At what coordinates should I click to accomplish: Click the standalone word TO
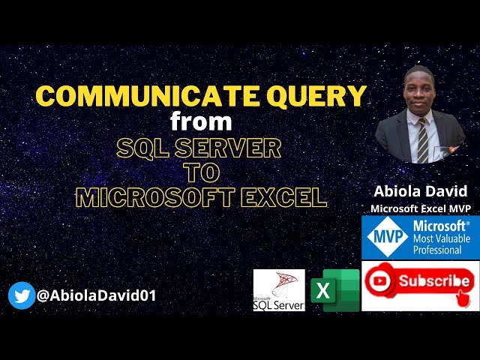coord(201,172)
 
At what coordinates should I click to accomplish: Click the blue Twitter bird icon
coord(21,295)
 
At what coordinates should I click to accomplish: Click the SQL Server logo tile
coord(279,290)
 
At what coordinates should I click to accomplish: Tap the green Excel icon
coord(334,289)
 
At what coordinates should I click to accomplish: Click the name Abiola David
coord(420,190)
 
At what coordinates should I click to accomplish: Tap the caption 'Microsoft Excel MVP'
coord(420,208)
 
